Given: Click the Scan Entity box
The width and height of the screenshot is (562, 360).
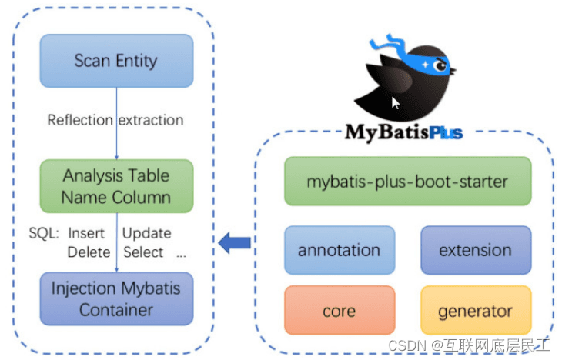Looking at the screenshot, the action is pos(116,61).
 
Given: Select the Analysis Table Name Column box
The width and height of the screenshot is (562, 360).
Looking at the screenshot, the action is pos(116,186).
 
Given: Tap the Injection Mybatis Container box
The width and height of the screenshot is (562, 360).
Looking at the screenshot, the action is pos(116,298).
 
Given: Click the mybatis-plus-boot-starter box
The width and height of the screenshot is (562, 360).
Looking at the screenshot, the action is pos(408,182).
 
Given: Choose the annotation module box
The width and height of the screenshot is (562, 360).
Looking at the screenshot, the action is pos(340,250).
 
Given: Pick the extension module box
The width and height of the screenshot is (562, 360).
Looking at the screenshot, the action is pos(476,250).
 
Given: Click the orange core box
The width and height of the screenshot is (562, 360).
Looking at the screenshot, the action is pos(340,310).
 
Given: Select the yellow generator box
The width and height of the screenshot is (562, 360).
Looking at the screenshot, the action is pos(476,310).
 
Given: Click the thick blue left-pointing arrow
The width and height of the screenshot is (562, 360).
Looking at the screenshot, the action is pos(234,243).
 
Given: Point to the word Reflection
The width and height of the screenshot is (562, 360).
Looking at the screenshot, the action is pos(80,120).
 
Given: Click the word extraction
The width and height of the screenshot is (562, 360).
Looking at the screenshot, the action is pos(151,121).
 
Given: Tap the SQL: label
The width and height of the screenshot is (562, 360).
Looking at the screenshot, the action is pos(44,234).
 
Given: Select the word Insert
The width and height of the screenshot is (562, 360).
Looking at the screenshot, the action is pos(86,234).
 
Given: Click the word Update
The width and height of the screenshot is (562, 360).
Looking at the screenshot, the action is pos(147,234).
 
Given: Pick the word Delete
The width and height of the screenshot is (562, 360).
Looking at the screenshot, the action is pos(89,252).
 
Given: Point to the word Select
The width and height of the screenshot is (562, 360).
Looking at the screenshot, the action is pos(143,252).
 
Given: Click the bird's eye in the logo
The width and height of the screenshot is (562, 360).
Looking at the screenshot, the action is pos(440,65).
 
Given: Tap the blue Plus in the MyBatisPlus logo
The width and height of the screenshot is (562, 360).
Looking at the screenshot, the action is pos(446,133).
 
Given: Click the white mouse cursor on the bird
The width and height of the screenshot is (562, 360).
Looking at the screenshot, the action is pos(396,103).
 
